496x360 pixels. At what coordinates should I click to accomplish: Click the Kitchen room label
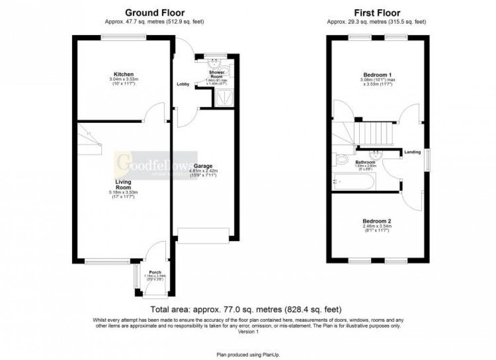point(123,74)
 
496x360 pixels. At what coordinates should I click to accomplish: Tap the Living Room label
point(123,185)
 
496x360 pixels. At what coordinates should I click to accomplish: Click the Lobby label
point(183,85)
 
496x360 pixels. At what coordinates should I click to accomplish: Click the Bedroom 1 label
point(376,74)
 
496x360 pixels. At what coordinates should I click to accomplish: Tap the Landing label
point(412,153)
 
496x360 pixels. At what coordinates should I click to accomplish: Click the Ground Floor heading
point(155,13)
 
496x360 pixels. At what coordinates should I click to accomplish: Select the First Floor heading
point(376,13)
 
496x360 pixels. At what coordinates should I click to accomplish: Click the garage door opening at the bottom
point(202,235)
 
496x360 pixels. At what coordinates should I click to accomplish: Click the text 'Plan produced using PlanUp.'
point(248,355)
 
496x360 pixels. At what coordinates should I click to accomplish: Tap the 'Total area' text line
point(248,309)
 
